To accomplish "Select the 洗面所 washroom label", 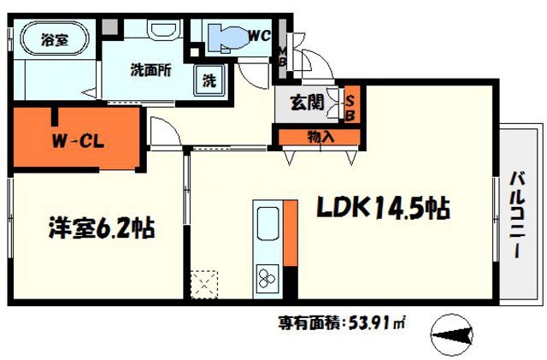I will tap(150, 71).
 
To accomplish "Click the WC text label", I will tap(260, 35).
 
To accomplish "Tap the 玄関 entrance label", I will tap(306, 104).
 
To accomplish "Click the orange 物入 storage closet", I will tap(320, 135).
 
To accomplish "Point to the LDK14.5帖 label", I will tap(385, 207).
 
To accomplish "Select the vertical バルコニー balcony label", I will tap(518, 214).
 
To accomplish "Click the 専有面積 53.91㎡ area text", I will tap(341, 323).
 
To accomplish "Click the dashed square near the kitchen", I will tap(204, 283).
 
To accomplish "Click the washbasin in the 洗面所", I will tap(161, 31).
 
